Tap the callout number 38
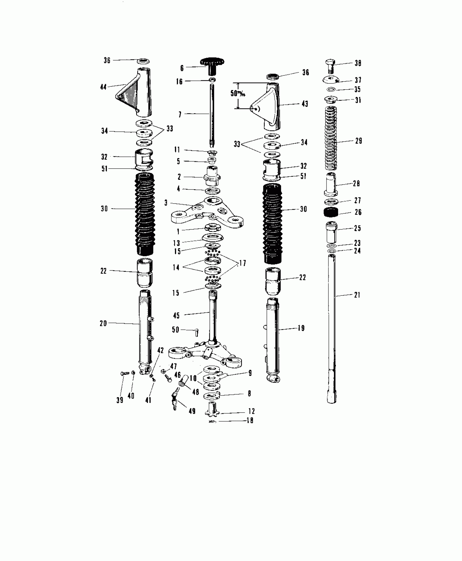coord(358,63)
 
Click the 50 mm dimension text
coord(238,93)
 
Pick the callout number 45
coord(176,315)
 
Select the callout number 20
coord(103,323)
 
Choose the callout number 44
coord(103,87)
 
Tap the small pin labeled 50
coord(197,332)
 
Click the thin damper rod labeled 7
coord(211,114)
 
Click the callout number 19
coord(301,328)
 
